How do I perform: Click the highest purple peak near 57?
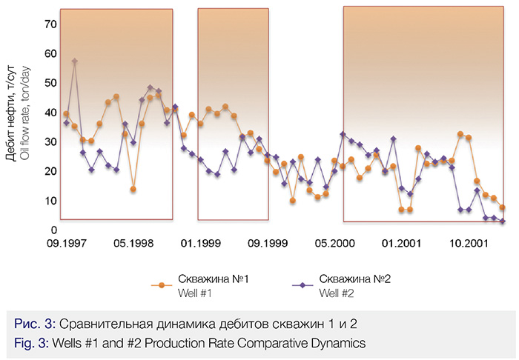(75, 61)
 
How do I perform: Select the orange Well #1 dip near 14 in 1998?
(133, 189)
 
